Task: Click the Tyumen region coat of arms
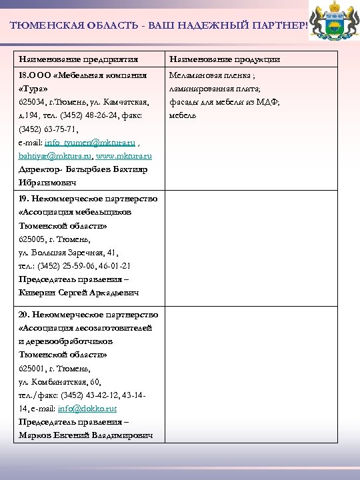click(335, 26)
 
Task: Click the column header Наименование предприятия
click(73, 59)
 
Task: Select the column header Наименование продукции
click(225, 59)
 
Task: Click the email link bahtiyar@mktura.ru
click(55, 156)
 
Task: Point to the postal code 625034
click(32, 102)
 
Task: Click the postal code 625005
click(32, 239)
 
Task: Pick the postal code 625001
click(32, 368)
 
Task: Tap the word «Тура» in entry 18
click(33, 89)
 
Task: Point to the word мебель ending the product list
click(183, 115)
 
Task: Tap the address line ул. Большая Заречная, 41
click(68, 252)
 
